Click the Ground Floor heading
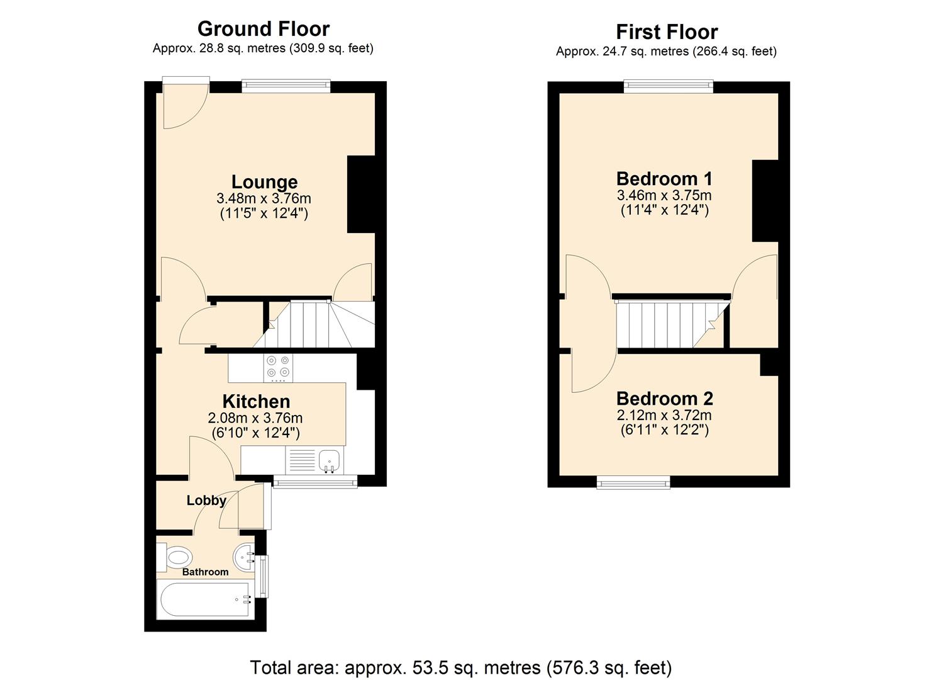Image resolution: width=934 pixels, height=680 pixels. tap(263, 29)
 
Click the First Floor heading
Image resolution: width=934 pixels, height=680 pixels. tap(666, 32)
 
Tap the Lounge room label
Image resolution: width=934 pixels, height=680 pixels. tap(264, 182)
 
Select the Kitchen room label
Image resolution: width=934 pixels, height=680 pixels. tap(256, 402)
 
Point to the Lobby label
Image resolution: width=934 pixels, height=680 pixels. tap(206, 501)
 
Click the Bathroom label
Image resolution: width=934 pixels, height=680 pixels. tap(205, 572)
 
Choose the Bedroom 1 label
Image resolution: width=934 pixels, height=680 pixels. tap(665, 179)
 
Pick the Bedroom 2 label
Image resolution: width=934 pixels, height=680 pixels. tap(664, 399)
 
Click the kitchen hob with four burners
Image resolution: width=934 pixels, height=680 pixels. tap(278, 368)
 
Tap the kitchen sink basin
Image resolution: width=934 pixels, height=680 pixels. tap(329, 461)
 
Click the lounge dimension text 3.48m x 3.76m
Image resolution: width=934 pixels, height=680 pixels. tap(264, 199)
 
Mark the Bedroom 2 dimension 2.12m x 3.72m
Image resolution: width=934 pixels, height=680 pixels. tap(664, 416)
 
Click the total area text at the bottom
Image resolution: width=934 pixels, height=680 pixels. tap(460, 667)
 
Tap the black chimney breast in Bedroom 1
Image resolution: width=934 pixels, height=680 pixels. tap(765, 201)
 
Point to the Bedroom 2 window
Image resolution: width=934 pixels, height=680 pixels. tap(633, 483)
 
